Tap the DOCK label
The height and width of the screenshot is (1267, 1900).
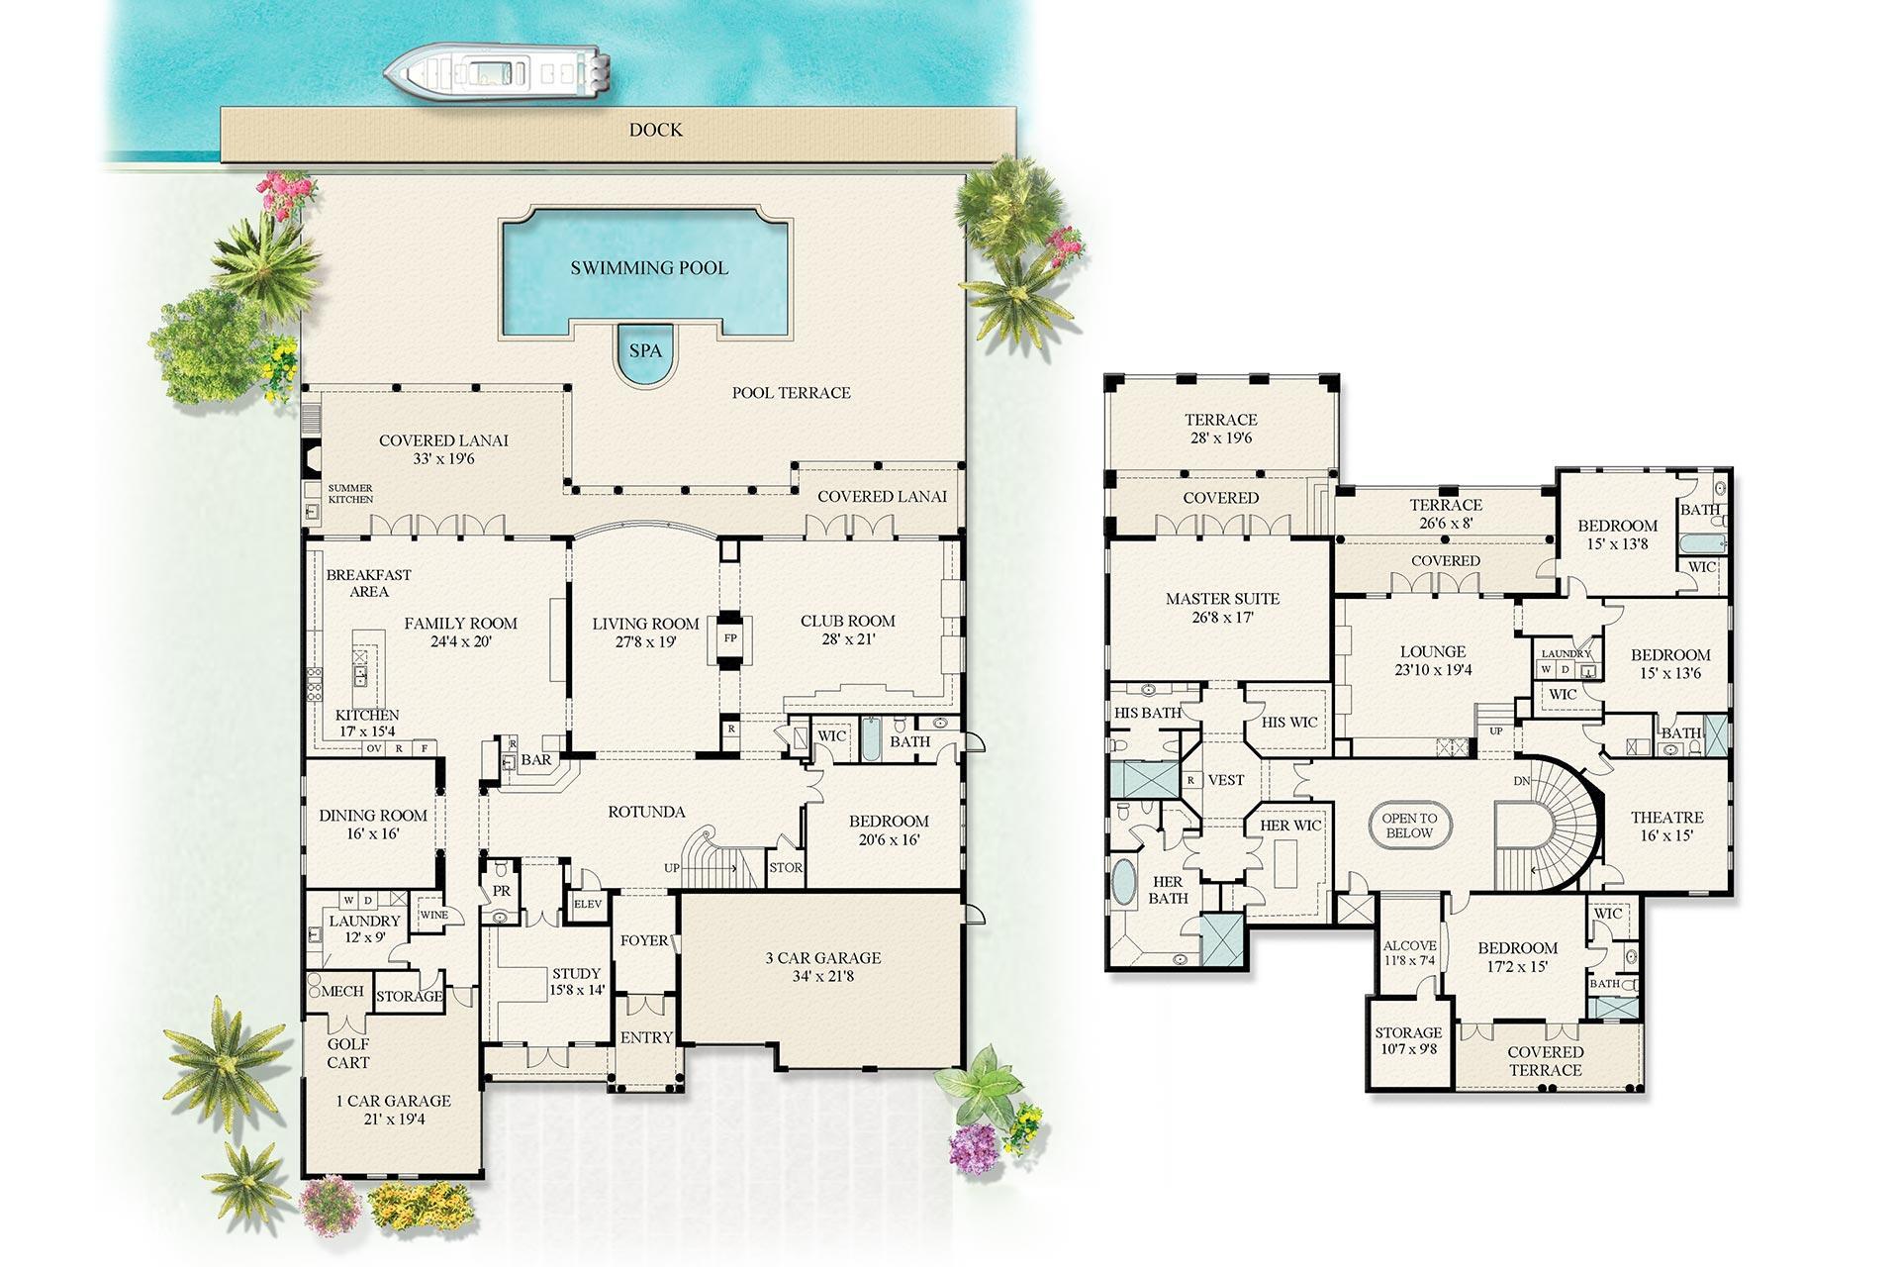655,131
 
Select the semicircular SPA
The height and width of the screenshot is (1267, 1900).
645,354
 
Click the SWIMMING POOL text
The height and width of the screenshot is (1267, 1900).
649,268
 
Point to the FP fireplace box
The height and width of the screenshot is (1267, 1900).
730,638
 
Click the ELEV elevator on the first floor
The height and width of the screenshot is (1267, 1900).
587,904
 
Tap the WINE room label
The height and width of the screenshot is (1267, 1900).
433,915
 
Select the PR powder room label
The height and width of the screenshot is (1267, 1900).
502,891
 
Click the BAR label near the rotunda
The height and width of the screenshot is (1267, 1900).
536,760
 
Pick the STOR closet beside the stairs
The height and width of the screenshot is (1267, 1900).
786,868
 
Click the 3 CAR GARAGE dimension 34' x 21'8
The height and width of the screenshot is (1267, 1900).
822,976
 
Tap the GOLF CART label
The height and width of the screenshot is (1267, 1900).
347,1053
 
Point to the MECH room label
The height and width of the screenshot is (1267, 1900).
342,992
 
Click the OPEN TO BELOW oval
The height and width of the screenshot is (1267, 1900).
1409,826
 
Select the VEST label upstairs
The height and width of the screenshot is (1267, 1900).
1226,780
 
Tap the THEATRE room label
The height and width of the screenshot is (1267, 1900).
1666,818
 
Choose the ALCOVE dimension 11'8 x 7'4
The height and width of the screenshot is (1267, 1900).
1409,960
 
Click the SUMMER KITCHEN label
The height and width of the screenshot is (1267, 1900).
350,494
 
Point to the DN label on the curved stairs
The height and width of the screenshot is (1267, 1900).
1521,781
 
